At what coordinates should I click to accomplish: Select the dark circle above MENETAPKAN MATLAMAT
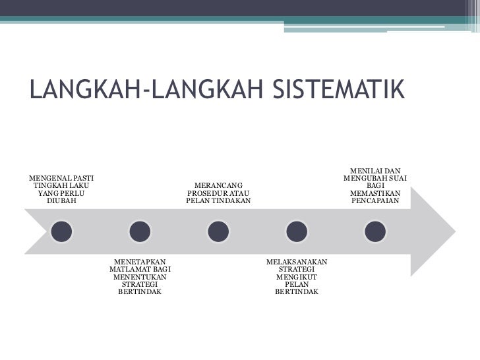(140, 230)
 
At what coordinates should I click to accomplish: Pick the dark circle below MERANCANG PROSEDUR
(218, 230)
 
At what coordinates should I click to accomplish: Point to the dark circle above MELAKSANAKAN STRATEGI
(296, 230)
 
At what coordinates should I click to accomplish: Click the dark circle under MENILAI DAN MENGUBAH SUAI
(375, 230)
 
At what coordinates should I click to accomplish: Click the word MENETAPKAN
(140, 262)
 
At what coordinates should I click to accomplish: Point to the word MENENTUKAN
(140, 277)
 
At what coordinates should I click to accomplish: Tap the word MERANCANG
(218, 185)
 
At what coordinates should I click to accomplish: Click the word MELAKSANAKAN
(296, 262)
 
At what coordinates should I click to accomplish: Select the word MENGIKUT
(296, 277)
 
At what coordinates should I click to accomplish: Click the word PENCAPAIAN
(375, 200)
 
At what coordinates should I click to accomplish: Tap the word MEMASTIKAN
(375, 193)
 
